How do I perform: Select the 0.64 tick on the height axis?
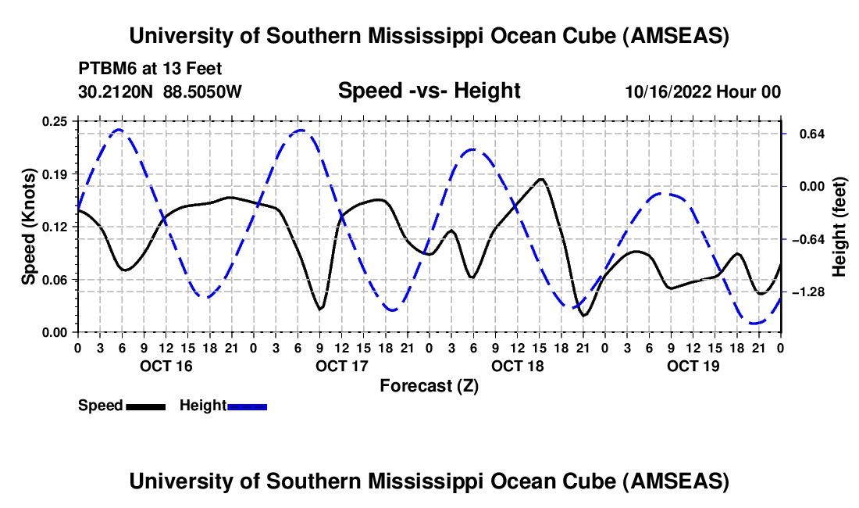tap(804, 134)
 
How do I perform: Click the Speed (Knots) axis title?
tap(29, 227)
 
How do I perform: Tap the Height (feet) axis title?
tap(839, 227)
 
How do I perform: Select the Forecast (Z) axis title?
tap(429, 385)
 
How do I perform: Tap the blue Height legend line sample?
tap(247, 406)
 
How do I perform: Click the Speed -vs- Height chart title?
tap(429, 91)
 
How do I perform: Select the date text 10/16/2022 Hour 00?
tap(703, 92)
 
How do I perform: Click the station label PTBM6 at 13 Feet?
tap(150, 69)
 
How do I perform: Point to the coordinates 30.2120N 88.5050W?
tap(160, 92)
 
